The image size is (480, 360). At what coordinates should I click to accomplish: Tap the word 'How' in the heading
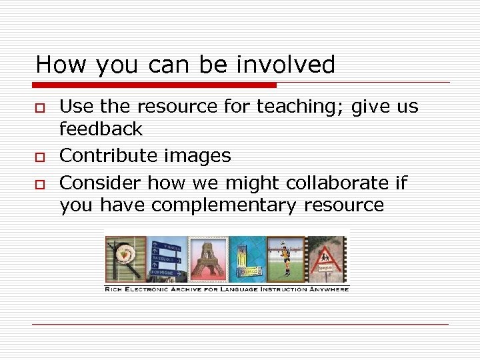pyautogui.click(x=62, y=65)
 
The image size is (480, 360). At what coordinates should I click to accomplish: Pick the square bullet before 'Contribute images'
pyautogui.click(x=40, y=157)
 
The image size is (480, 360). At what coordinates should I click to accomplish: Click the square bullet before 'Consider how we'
pyautogui.click(x=40, y=184)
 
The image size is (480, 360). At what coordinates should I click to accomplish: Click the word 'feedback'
pyautogui.click(x=101, y=129)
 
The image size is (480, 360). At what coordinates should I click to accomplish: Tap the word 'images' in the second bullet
pyautogui.click(x=200, y=157)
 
